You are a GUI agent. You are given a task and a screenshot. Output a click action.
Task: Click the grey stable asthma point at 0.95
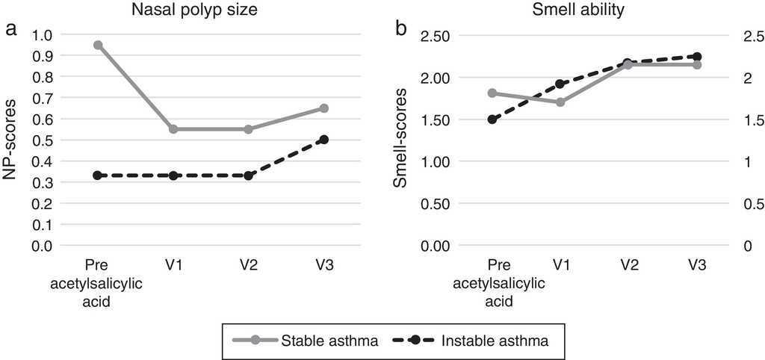(x=98, y=45)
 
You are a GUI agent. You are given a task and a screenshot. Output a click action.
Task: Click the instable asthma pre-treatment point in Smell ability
(x=492, y=120)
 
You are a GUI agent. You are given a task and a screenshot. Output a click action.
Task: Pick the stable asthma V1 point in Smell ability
(x=560, y=102)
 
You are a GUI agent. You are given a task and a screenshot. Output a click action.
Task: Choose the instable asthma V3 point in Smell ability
(x=697, y=57)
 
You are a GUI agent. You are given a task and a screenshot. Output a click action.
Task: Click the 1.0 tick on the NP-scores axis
(x=43, y=34)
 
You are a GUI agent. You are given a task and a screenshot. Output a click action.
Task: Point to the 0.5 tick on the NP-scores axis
(x=43, y=140)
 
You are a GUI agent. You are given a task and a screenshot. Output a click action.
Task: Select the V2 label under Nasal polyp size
(x=249, y=265)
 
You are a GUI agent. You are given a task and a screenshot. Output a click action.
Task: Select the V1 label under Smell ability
(x=560, y=265)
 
